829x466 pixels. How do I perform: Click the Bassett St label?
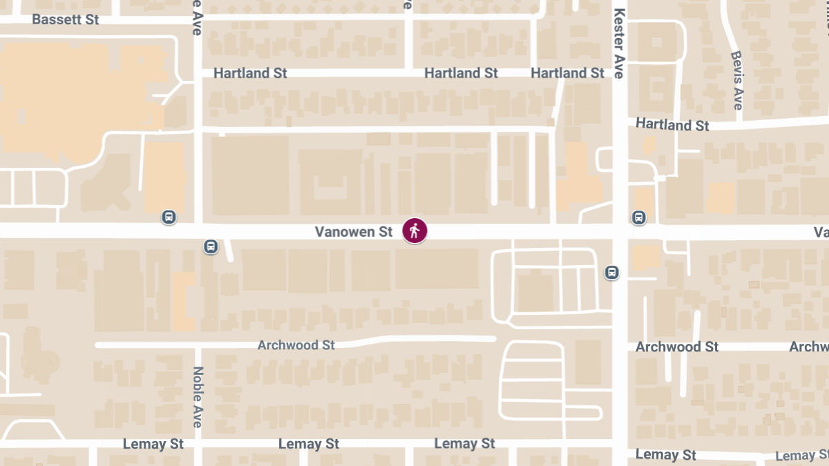[66, 19]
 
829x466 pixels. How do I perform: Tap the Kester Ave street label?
[619, 43]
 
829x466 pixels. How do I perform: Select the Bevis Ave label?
[737, 80]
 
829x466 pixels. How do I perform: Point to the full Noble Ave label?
[198, 396]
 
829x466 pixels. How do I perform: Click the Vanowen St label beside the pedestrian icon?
[354, 232]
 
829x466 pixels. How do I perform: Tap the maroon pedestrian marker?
[414, 231]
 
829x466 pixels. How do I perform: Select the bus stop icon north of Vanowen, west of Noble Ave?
[169, 217]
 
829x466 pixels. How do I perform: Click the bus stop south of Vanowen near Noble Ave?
[211, 246]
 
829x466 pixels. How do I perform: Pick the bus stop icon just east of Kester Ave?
[639, 217]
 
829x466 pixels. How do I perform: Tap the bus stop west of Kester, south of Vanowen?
[611, 272]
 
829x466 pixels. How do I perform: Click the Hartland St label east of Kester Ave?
[672, 125]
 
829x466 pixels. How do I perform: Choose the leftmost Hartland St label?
[250, 73]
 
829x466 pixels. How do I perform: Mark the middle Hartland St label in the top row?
[461, 73]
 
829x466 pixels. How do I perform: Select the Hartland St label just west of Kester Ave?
[567, 73]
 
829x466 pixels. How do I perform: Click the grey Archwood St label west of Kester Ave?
[296, 344]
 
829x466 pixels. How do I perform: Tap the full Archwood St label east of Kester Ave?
[677, 347]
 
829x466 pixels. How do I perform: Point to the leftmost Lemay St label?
[153, 444]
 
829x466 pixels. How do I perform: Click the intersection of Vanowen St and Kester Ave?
[620, 231]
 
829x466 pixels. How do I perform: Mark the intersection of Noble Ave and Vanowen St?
[198, 231]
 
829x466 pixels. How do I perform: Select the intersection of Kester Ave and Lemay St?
[620, 445]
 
